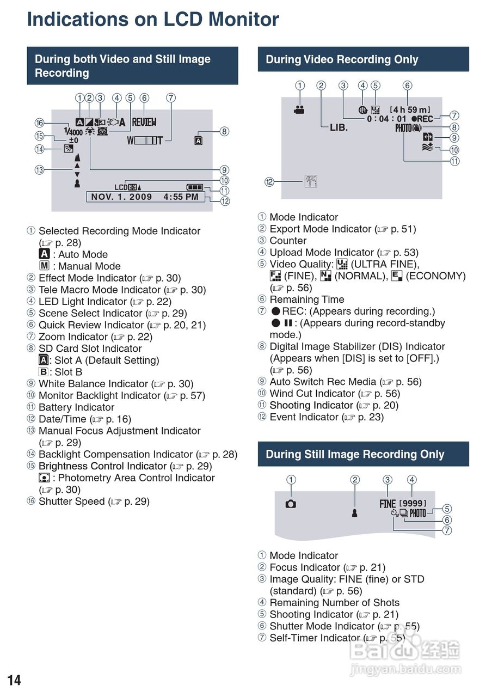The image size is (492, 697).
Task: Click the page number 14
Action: (14, 680)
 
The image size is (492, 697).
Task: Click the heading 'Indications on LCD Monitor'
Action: (153, 20)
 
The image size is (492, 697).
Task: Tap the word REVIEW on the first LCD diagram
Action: (144, 123)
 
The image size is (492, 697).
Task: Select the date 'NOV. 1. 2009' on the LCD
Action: (121, 197)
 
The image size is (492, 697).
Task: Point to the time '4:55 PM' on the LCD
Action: (181, 197)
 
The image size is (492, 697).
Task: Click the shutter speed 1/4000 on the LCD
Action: (72, 131)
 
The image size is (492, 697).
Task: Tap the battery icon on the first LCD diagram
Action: (194, 187)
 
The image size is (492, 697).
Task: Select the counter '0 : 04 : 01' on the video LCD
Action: (386, 119)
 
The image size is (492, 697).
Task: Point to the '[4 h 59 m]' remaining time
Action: (410, 109)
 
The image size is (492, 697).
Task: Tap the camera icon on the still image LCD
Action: (291, 504)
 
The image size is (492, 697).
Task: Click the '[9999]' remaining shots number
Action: (413, 504)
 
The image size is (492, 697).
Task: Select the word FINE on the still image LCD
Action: (388, 504)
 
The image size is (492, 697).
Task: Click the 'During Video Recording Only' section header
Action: (342, 59)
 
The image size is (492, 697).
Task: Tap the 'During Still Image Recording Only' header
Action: (355, 454)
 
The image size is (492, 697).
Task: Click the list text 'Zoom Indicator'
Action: (73, 337)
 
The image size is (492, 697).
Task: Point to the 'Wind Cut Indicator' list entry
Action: (312, 394)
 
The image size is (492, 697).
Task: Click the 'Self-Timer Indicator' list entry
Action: (316, 638)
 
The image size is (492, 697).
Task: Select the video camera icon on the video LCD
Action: (299, 109)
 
